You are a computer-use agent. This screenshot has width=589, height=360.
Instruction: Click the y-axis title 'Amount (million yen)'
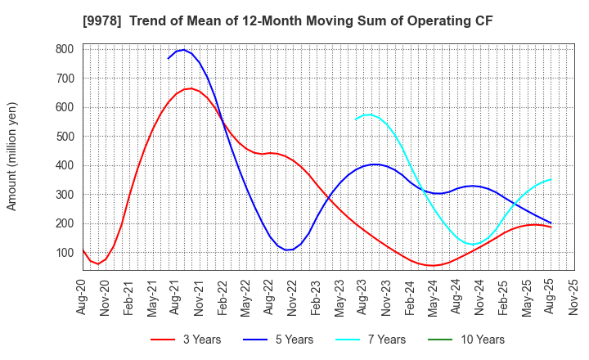click(x=12, y=156)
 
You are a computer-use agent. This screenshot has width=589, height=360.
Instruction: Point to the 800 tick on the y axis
click(x=64, y=49)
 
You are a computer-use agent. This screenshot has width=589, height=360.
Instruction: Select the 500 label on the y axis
click(x=64, y=137)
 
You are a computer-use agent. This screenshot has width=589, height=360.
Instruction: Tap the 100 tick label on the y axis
click(x=64, y=253)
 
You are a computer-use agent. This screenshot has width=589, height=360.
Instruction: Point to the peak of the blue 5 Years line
click(x=183, y=50)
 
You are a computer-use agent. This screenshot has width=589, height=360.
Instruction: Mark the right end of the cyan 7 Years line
click(x=551, y=179)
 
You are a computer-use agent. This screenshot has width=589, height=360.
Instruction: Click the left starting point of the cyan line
click(x=356, y=119)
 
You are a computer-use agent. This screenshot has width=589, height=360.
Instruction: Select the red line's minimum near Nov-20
click(x=98, y=263)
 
